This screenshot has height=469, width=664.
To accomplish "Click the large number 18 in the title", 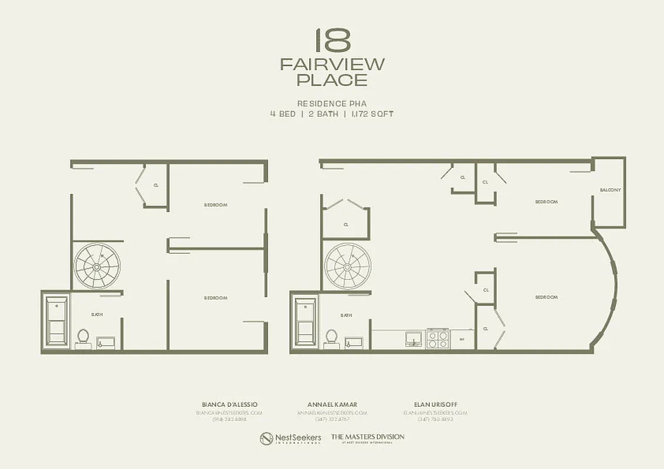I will click(332, 40).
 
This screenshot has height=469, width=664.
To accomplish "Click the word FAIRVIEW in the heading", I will click(332, 64).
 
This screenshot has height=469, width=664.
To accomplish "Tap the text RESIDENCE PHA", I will click(332, 103).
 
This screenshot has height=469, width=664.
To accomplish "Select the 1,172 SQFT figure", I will click(373, 114).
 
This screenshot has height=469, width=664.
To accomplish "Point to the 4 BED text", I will click(283, 114).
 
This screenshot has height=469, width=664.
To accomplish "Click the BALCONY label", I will click(610, 190).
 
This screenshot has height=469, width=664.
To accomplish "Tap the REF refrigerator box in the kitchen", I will click(462, 339).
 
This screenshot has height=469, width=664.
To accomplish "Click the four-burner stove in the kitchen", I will click(437, 338).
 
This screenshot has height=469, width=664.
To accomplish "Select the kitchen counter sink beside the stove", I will click(414, 338).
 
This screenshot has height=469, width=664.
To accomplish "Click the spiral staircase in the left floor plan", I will click(97, 266).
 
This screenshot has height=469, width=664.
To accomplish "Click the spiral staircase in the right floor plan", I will click(347, 266).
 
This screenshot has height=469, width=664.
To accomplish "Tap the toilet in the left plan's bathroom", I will click(83, 338).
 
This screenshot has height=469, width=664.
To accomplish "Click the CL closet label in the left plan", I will click(156, 185).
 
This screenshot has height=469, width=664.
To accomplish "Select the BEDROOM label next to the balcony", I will click(546, 202).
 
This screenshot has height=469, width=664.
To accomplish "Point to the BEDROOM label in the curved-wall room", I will click(546, 297).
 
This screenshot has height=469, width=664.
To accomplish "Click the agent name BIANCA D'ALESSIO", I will click(229, 405).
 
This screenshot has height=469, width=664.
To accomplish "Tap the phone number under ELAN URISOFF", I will click(435, 419).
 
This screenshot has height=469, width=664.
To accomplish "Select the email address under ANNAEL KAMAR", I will click(332, 413).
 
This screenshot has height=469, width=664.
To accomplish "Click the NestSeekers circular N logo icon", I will click(266, 439).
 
